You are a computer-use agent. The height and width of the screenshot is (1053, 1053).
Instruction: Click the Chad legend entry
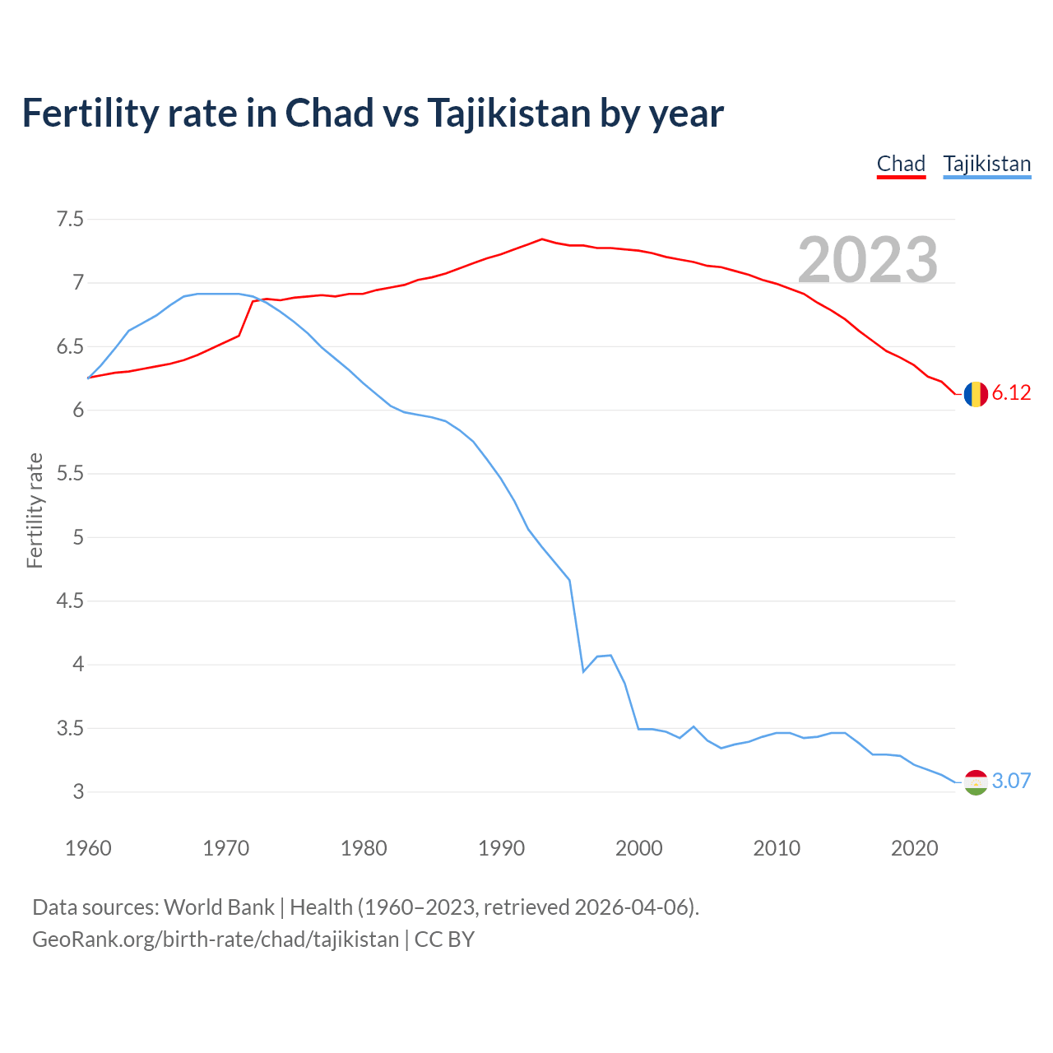click(x=901, y=164)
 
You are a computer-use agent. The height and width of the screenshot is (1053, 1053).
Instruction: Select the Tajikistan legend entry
click(x=986, y=164)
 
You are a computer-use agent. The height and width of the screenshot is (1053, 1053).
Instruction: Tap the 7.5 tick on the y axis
click(x=70, y=220)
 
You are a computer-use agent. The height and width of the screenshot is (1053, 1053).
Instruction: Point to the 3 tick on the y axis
click(x=78, y=792)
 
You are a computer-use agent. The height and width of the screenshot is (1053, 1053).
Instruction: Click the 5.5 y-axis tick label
click(x=70, y=474)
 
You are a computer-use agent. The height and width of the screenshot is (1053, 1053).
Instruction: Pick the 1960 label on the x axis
click(x=88, y=848)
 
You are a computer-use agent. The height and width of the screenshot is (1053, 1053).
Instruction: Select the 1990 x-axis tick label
click(x=501, y=848)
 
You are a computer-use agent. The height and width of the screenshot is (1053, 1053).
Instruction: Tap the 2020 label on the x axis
click(x=914, y=848)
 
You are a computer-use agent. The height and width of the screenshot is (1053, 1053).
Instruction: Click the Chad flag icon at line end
click(x=976, y=394)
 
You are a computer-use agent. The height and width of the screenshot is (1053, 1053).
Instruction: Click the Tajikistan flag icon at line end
click(x=976, y=782)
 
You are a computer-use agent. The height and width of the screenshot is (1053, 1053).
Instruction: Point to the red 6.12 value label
click(x=1011, y=393)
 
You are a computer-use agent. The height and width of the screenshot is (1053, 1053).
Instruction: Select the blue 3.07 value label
click(x=1011, y=782)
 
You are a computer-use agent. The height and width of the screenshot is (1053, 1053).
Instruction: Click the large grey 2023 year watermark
click(x=868, y=260)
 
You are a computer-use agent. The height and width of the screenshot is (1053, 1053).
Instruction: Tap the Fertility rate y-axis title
click(x=35, y=510)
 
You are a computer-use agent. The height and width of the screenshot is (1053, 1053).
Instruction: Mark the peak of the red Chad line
click(x=541, y=239)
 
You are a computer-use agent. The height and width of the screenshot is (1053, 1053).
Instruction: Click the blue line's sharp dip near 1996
click(x=583, y=671)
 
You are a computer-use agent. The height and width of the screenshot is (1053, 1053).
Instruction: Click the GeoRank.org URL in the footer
click(x=216, y=939)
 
